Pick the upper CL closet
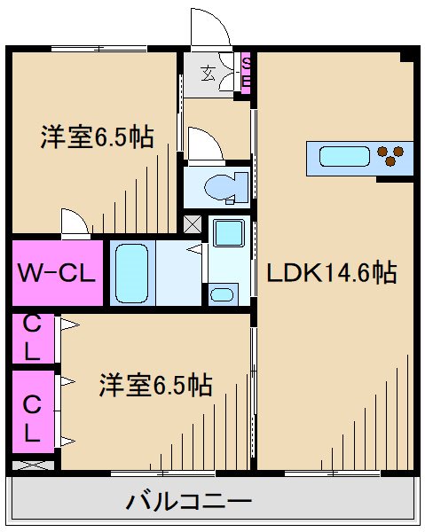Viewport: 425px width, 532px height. pos(32,337)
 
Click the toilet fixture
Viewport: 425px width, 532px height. pos(216,187)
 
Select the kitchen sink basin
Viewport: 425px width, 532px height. pos(343,158)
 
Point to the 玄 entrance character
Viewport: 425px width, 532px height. pos(208,74)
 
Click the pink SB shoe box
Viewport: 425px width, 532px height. pos(246,74)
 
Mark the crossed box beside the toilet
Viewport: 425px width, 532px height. pos(193,223)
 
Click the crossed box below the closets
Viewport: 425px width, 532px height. pos(33,464)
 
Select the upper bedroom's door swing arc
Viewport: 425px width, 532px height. pos(75,221)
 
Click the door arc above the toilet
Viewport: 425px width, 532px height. pos(204,144)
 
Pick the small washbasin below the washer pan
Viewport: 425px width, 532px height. pos(223,294)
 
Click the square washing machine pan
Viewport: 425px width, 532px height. pos(229,234)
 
